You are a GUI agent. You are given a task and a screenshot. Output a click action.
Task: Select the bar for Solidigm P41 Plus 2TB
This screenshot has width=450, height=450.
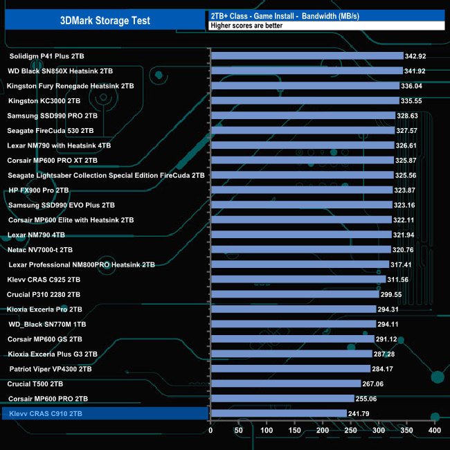point(306,56)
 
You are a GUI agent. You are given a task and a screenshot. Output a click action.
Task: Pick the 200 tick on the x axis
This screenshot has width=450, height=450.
point(323,431)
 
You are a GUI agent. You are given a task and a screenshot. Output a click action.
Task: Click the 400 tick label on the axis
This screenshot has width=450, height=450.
point(435,431)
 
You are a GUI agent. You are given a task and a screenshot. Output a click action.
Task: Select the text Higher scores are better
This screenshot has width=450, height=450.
point(248,26)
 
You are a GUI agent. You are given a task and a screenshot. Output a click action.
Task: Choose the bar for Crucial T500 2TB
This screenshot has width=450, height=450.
point(285,384)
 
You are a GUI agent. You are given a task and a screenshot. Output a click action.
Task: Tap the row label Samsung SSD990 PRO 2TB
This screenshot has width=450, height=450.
point(53,116)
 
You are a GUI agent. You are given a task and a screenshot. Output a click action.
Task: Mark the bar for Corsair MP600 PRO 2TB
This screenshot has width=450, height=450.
point(282,399)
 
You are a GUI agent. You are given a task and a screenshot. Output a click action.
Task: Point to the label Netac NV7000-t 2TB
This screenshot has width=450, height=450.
point(49,249)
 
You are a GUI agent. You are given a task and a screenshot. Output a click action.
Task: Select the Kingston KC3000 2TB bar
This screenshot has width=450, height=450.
point(304,100)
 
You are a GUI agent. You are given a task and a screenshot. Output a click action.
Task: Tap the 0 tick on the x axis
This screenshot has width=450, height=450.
point(210,431)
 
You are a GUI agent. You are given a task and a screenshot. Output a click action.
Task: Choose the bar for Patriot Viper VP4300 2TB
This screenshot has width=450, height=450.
point(290,369)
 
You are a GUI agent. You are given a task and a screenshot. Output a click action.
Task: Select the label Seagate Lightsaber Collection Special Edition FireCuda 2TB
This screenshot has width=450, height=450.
point(106,175)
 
